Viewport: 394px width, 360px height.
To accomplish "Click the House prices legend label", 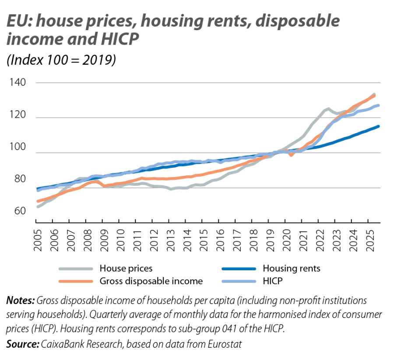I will [x=126, y=268].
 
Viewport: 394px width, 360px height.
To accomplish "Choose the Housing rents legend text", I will [x=291, y=268].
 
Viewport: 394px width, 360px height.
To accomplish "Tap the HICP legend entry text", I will [x=272, y=281].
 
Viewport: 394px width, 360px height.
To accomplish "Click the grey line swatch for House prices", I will [x=75, y=269].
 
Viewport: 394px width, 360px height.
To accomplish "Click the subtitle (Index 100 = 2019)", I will [x=61, y=60].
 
